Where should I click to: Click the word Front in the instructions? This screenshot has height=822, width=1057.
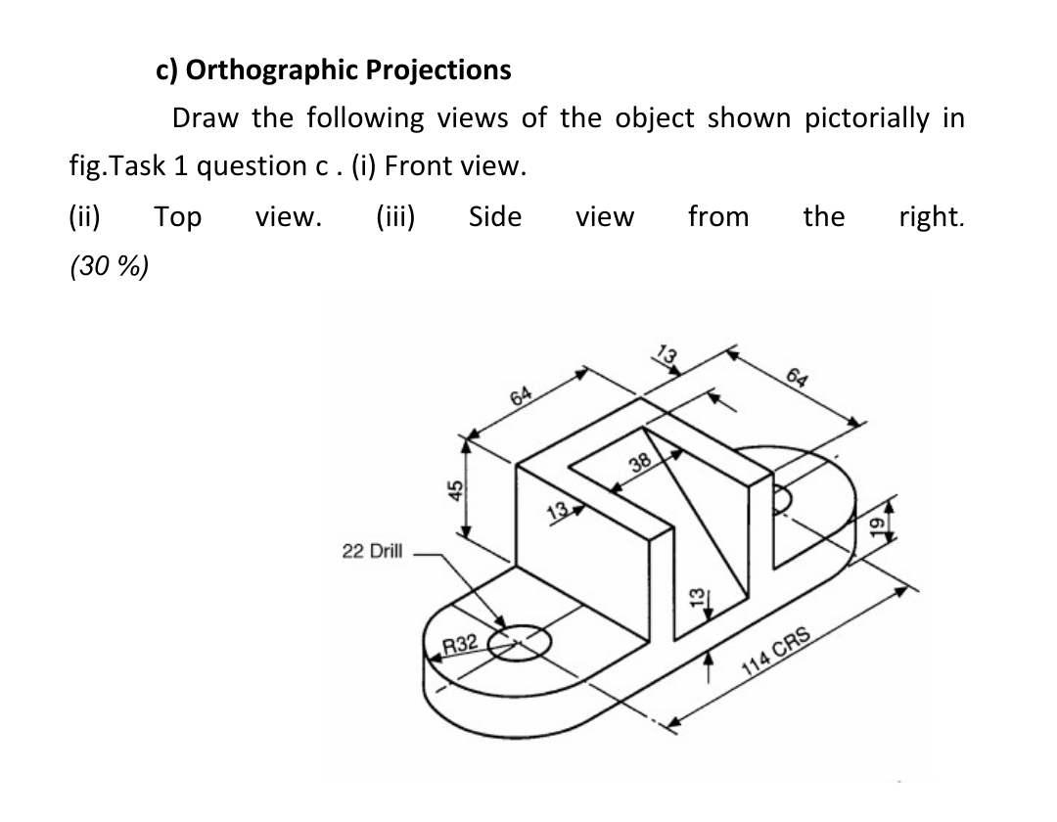point(419,165)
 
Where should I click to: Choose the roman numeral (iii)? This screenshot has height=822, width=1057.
point(396,216)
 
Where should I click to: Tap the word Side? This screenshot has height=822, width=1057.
point(494,216)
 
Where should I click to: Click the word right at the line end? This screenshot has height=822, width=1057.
point(931,216)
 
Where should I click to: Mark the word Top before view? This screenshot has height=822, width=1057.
point(177,216)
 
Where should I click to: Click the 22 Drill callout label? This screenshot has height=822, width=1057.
point(372,551)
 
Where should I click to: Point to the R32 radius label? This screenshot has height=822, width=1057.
point(460,644)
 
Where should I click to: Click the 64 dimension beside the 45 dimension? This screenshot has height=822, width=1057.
point(522,395)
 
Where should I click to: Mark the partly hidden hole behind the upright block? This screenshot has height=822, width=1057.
point(784,498)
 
